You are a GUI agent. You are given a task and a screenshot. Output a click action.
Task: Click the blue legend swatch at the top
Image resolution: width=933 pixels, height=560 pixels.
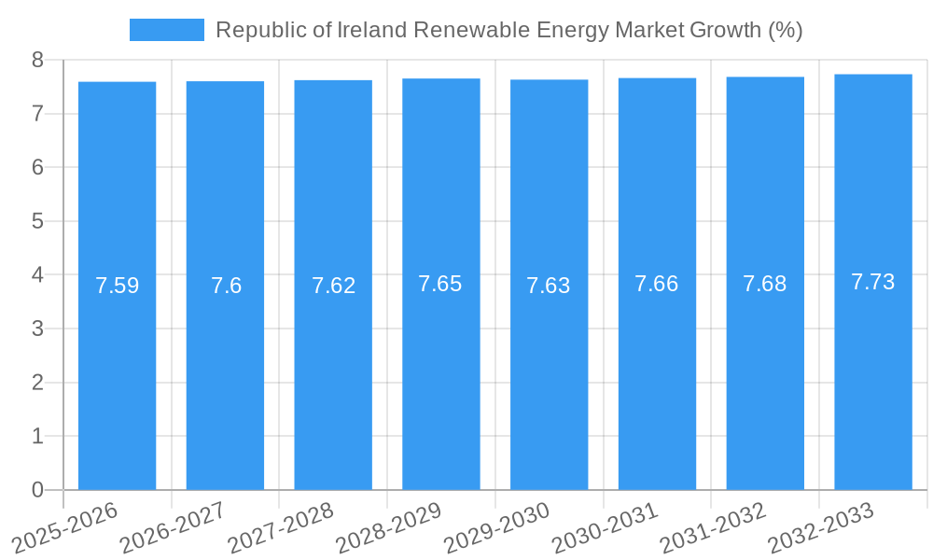(x=166, y=30)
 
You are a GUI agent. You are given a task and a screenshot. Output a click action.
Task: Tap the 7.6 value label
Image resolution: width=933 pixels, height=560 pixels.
(x=226, y=286)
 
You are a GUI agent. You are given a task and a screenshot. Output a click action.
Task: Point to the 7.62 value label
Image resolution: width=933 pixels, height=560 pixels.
(x=333, y=286)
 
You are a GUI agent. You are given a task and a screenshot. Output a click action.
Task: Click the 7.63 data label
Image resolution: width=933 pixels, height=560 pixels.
(x=549, y=286)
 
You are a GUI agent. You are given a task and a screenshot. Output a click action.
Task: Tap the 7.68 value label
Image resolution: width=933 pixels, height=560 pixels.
(x=764, y=284)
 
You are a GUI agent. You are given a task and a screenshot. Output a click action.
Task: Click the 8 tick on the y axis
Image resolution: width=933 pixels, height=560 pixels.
(x=37, y=61)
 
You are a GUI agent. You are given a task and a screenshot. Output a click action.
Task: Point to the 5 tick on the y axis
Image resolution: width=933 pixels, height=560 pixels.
(x=37, y=221)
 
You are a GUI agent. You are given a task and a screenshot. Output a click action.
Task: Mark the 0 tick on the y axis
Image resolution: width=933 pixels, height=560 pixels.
(x=37, y=490)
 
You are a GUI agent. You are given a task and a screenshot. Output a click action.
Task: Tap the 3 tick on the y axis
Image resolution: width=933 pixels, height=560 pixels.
(x=37, y=329)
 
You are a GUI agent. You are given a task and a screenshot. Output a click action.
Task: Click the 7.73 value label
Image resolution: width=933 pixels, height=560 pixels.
(x=872, y=282)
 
